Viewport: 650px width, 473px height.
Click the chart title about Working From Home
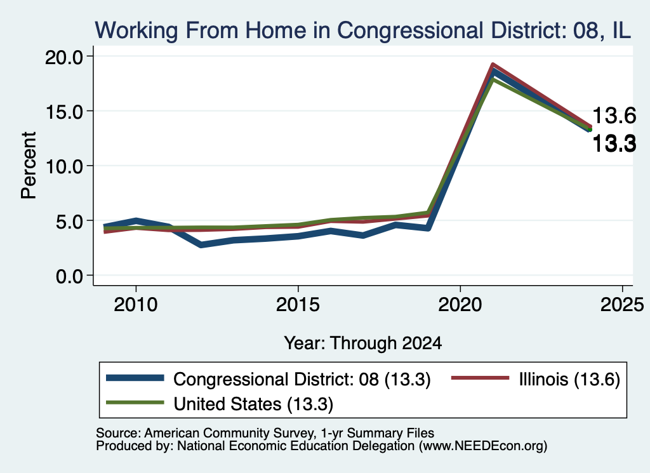click(362, 30)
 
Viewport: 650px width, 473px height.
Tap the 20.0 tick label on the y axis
click(64, 57)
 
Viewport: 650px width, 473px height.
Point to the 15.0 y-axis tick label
click(64, 111)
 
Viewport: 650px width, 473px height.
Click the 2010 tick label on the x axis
click(136, 305)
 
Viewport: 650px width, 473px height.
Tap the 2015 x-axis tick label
click(298, 305)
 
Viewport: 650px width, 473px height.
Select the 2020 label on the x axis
click(460, 305)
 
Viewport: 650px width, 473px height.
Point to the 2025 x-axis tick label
click(622, 305)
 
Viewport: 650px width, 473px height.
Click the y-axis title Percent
click(29, 165)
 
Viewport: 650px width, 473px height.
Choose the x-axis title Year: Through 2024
click(362, 343)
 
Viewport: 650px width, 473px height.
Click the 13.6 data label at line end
click(614, 116)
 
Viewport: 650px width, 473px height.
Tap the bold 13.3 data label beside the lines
click(614, 144)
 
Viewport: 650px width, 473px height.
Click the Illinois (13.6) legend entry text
click(569, 379)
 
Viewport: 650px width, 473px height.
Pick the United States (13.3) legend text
click(253, 404)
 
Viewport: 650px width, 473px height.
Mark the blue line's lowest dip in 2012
click(201, 245)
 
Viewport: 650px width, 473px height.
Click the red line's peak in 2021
click(493, 65)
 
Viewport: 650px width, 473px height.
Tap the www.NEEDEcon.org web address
click(483, 446)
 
